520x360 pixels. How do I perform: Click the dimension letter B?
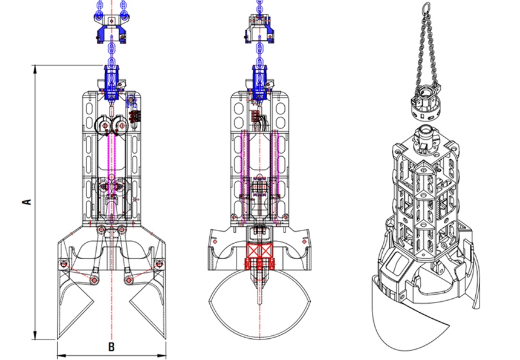pyautogui.click(x=111, y=347)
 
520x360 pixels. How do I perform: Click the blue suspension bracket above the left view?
pyautogui.click(x=111, y=28)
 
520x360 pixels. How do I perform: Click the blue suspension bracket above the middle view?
pyautogui.click(x=259, y=28)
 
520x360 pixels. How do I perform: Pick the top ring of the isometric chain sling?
pyautogui.click(x=426, y=6)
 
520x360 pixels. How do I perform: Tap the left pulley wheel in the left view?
pyautogui.click(x=103, y=125)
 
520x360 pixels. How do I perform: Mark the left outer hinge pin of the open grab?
pyautogui.click(x=63, y=264)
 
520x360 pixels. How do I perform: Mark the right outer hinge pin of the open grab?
pyautogui.click(x=160, y=264)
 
